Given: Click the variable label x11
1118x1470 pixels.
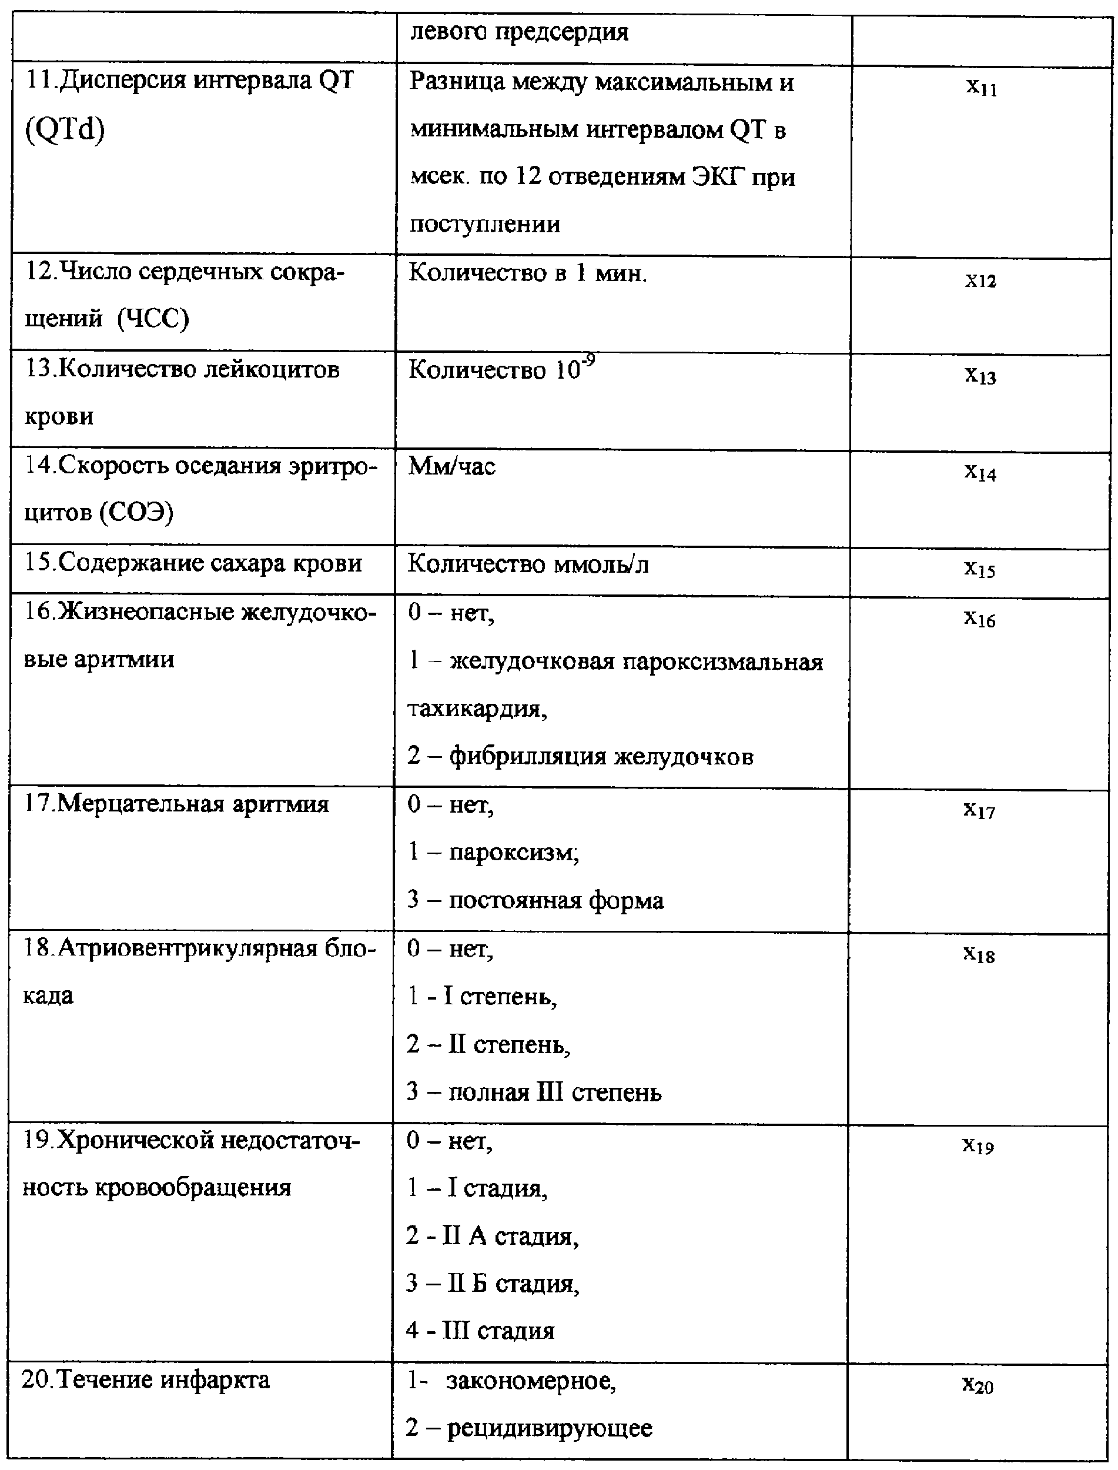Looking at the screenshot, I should click(x=982, y=87).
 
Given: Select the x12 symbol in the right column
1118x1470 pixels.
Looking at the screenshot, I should click(x=981, y=280).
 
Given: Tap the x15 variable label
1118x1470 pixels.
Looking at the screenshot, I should click(x=980, y=569).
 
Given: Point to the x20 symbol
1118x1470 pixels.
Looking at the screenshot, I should click(x=978, y=1386).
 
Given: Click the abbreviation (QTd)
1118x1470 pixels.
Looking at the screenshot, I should click(x=65, y=130).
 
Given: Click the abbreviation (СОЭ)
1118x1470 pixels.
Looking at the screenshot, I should click(x=136, y=513).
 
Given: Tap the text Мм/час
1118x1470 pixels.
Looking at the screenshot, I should click(x=453, y=466).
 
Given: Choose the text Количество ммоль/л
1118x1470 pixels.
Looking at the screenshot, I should click(x=528, y=564).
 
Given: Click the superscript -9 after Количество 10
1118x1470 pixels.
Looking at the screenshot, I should click(x=588, y=362).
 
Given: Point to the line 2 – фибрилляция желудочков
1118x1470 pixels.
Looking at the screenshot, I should click(x=580, y=756).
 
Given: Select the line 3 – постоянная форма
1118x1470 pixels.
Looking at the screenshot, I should click(x=535, y=900).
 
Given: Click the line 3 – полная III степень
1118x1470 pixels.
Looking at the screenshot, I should click(x=534, y=1093).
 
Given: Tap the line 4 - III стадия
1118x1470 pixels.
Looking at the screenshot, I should click(x=480, y=1331).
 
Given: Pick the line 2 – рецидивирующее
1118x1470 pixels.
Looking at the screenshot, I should click(x=529, y=1428).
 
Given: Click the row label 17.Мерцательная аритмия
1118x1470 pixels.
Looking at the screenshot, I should click(x=176, y=804).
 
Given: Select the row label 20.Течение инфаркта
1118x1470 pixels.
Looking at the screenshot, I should click(x=146, y=1380).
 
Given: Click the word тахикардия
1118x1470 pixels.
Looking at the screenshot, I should click(x=477, y=709).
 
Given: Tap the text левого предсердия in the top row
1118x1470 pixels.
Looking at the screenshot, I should click(x=519, y=32).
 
